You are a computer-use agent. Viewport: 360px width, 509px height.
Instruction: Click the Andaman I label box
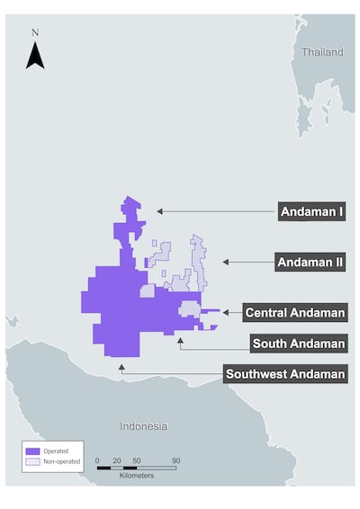click(311, 212)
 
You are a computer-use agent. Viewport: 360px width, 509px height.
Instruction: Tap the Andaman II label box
click(310, 263)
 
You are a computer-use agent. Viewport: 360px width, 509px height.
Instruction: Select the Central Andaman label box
click(295, 313)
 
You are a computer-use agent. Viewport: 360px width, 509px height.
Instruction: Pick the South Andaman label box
click(299, 344)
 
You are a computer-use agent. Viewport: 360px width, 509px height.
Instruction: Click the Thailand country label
click(322, 52)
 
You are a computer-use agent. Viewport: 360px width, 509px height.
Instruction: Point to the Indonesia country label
click(143, 425)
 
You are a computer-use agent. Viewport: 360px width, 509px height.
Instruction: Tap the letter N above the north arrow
click(35, 32)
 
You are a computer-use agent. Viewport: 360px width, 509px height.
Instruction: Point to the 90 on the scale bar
click(175, 460)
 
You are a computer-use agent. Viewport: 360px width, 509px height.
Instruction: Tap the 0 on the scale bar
click(97, 460)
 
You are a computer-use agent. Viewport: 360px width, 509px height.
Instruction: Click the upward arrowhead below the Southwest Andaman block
click(121, 367)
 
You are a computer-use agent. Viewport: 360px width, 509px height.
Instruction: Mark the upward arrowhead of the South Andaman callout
click(181, 339)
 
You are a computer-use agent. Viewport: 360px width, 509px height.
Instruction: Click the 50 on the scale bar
click(136, 460)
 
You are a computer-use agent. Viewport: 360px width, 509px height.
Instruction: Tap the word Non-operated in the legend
click(62, 460)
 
